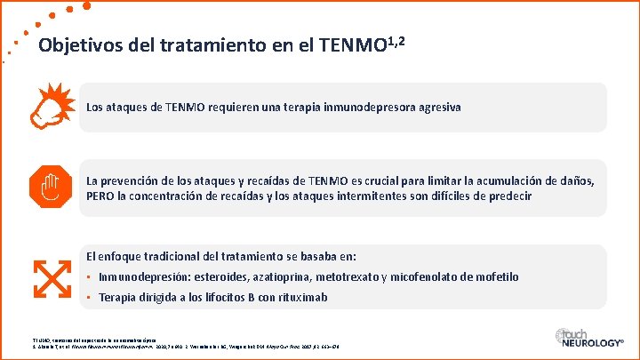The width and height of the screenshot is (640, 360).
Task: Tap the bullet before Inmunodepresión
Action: tap(90, 277)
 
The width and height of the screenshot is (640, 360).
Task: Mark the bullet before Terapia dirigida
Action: tap(90, 297)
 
